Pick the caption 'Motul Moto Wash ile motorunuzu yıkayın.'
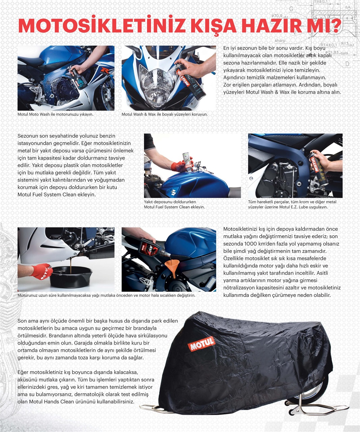[55, 114]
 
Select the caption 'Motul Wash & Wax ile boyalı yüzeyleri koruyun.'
[165, 114]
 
